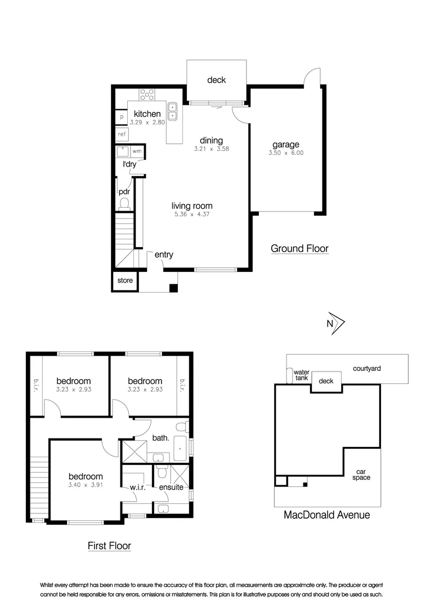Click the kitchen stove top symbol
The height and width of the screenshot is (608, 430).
147,95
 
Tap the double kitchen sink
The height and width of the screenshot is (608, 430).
172,111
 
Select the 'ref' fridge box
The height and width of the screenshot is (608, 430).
122,134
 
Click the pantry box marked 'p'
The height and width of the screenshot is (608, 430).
122,117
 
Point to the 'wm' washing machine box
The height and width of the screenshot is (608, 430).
137,151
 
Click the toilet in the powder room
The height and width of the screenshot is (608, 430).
124,204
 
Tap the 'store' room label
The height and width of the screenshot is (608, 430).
125,280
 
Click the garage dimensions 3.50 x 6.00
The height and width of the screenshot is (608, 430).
286,153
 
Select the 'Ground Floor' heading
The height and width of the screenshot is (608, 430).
299,249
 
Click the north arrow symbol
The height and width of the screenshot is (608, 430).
336,323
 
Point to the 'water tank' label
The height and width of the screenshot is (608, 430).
301,375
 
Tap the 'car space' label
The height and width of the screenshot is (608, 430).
361,475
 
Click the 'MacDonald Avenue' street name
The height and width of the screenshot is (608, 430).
327,515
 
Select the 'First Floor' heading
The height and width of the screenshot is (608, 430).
109,546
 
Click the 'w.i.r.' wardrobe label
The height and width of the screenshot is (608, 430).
138,488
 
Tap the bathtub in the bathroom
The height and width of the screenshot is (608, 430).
180,448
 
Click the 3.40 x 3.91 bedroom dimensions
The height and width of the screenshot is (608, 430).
86,485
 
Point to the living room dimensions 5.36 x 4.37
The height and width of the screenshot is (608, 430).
192,214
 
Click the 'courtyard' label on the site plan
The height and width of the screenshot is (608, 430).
367,368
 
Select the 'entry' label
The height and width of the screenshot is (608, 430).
164,255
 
